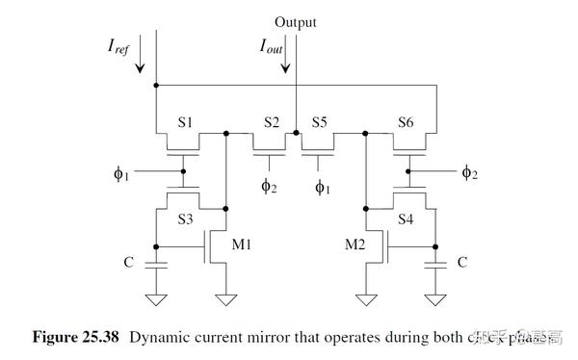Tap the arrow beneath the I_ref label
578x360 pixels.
pyautogui.click(x=141, y=59)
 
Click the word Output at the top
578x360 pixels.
pyautogui.click(x=295, y=21)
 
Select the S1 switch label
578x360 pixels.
pyautogui.click(x=185, y=123)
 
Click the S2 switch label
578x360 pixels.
pyautogui.click(x=272, y=123)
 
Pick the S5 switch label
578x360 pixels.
pyautogui.click(x=320, y=123)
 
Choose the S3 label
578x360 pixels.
pyautogui.click(x=185, y=219)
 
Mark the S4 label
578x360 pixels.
pyautogui.click(x=407, y=219)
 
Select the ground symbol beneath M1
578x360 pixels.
pyautogui.click(x=225, y=298)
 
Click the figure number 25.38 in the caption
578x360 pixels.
pyautogui.click(x=103, y=338)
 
